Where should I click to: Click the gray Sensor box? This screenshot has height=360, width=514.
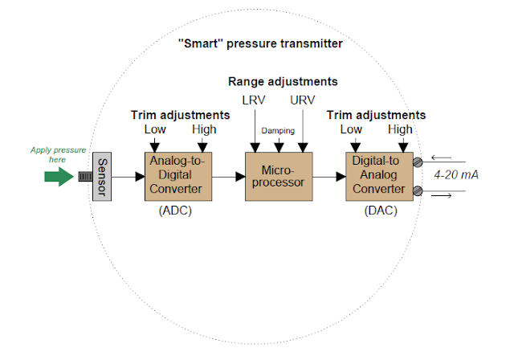(x=102, y=175)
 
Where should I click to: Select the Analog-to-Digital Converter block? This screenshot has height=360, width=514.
(x=177, y=175)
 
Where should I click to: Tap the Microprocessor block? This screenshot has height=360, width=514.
(x=278, y=175)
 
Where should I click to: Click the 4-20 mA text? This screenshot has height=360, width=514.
(x=456, y=174)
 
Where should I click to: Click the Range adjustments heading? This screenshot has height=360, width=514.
(x=283, y=82)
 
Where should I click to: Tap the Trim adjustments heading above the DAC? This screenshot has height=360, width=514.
(x=377, y=115)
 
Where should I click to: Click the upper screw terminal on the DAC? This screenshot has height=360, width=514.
(x=417, y=161)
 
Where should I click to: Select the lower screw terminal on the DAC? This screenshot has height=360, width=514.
(x=417, y=190)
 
